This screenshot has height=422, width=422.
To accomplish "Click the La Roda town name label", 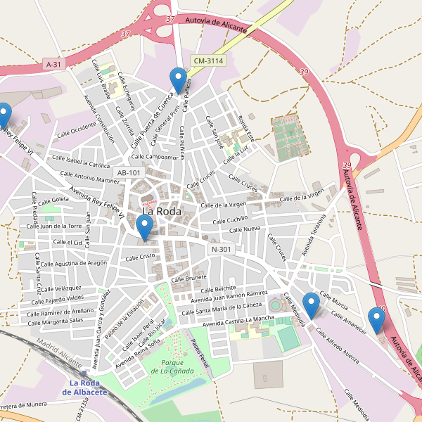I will point(162,211).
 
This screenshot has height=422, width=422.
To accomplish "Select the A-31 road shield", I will point(54,64).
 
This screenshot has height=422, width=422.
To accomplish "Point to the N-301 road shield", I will point(221,249).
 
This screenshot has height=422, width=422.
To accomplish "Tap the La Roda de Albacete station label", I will point(89,388).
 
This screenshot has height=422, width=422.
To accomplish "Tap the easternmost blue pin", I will point(377,320).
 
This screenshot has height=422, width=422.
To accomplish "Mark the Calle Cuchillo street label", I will point(227,219).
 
